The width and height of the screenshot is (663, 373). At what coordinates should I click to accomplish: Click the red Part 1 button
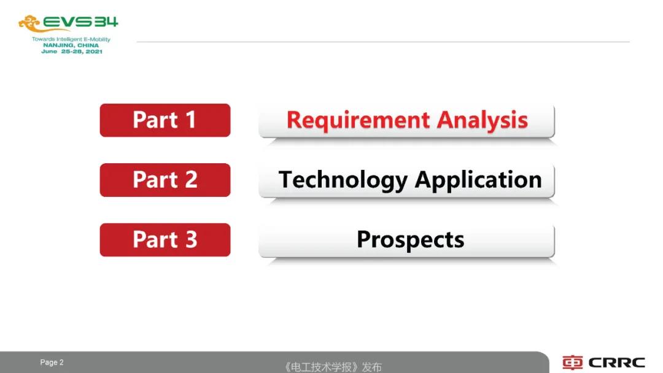(165, 120)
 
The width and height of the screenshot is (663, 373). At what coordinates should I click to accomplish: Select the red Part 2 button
(165, 180)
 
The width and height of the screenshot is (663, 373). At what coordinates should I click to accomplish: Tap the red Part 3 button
(165, 239)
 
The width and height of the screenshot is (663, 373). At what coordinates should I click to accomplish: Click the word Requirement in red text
(358, 120)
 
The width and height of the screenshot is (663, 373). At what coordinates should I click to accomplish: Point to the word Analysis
(482, 120)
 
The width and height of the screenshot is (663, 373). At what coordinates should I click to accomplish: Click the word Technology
(343, 180)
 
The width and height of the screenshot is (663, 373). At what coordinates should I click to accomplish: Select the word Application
(478, 180)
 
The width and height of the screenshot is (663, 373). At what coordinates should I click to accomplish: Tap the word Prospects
(410, 240)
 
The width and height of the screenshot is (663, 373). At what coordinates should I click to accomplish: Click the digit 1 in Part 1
(190, 120)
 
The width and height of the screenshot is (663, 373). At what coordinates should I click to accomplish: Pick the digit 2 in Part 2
(191, 180)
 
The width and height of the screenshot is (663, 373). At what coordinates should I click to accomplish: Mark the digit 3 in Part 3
(191, 239)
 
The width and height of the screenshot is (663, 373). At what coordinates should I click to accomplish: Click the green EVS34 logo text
(80, 22)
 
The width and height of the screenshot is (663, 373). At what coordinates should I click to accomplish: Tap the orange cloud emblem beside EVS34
(29, 24)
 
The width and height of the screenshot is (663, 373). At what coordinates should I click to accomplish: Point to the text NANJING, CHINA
(71, 45)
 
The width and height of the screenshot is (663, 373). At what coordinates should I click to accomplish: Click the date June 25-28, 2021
(72, 52)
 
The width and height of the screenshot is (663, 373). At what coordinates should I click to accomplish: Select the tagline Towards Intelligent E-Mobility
(71, 39)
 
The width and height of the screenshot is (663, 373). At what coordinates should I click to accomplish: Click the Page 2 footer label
(52, 363)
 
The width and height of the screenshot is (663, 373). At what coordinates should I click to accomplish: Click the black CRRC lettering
(616, 363)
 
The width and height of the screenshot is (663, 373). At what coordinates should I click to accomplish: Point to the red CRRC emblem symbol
(573, 363)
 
